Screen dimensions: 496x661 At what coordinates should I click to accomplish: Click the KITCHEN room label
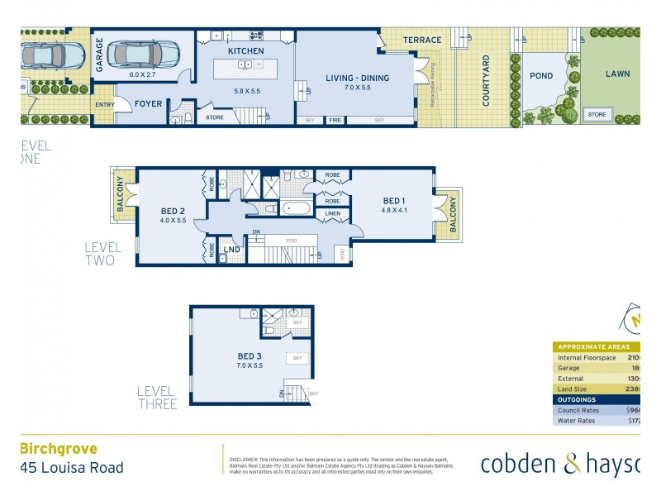coord(245,51)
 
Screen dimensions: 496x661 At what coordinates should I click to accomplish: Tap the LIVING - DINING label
coord(357,79)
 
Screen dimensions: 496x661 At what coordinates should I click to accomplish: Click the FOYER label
coord(150,104)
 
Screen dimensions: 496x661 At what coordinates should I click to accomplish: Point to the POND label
coord(541,75)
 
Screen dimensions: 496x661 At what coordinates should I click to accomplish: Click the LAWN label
coord(617,74)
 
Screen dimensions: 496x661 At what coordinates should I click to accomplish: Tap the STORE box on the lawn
coord(597,115)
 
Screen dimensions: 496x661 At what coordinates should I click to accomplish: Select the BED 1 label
coord(395,201)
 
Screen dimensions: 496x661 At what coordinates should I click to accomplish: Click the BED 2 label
coord(172,212)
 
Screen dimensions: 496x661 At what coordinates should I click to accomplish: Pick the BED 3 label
coord(250,357)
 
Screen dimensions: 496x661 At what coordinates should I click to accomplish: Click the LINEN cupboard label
coord(333,213)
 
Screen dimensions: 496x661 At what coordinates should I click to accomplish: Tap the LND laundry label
coord(232,250)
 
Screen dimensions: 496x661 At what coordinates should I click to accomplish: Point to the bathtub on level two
coord(297,207)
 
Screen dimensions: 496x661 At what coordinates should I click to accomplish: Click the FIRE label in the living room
coord(335,121)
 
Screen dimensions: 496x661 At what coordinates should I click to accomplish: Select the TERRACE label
coord(422,40)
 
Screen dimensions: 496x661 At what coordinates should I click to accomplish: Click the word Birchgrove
coord(58,449)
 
